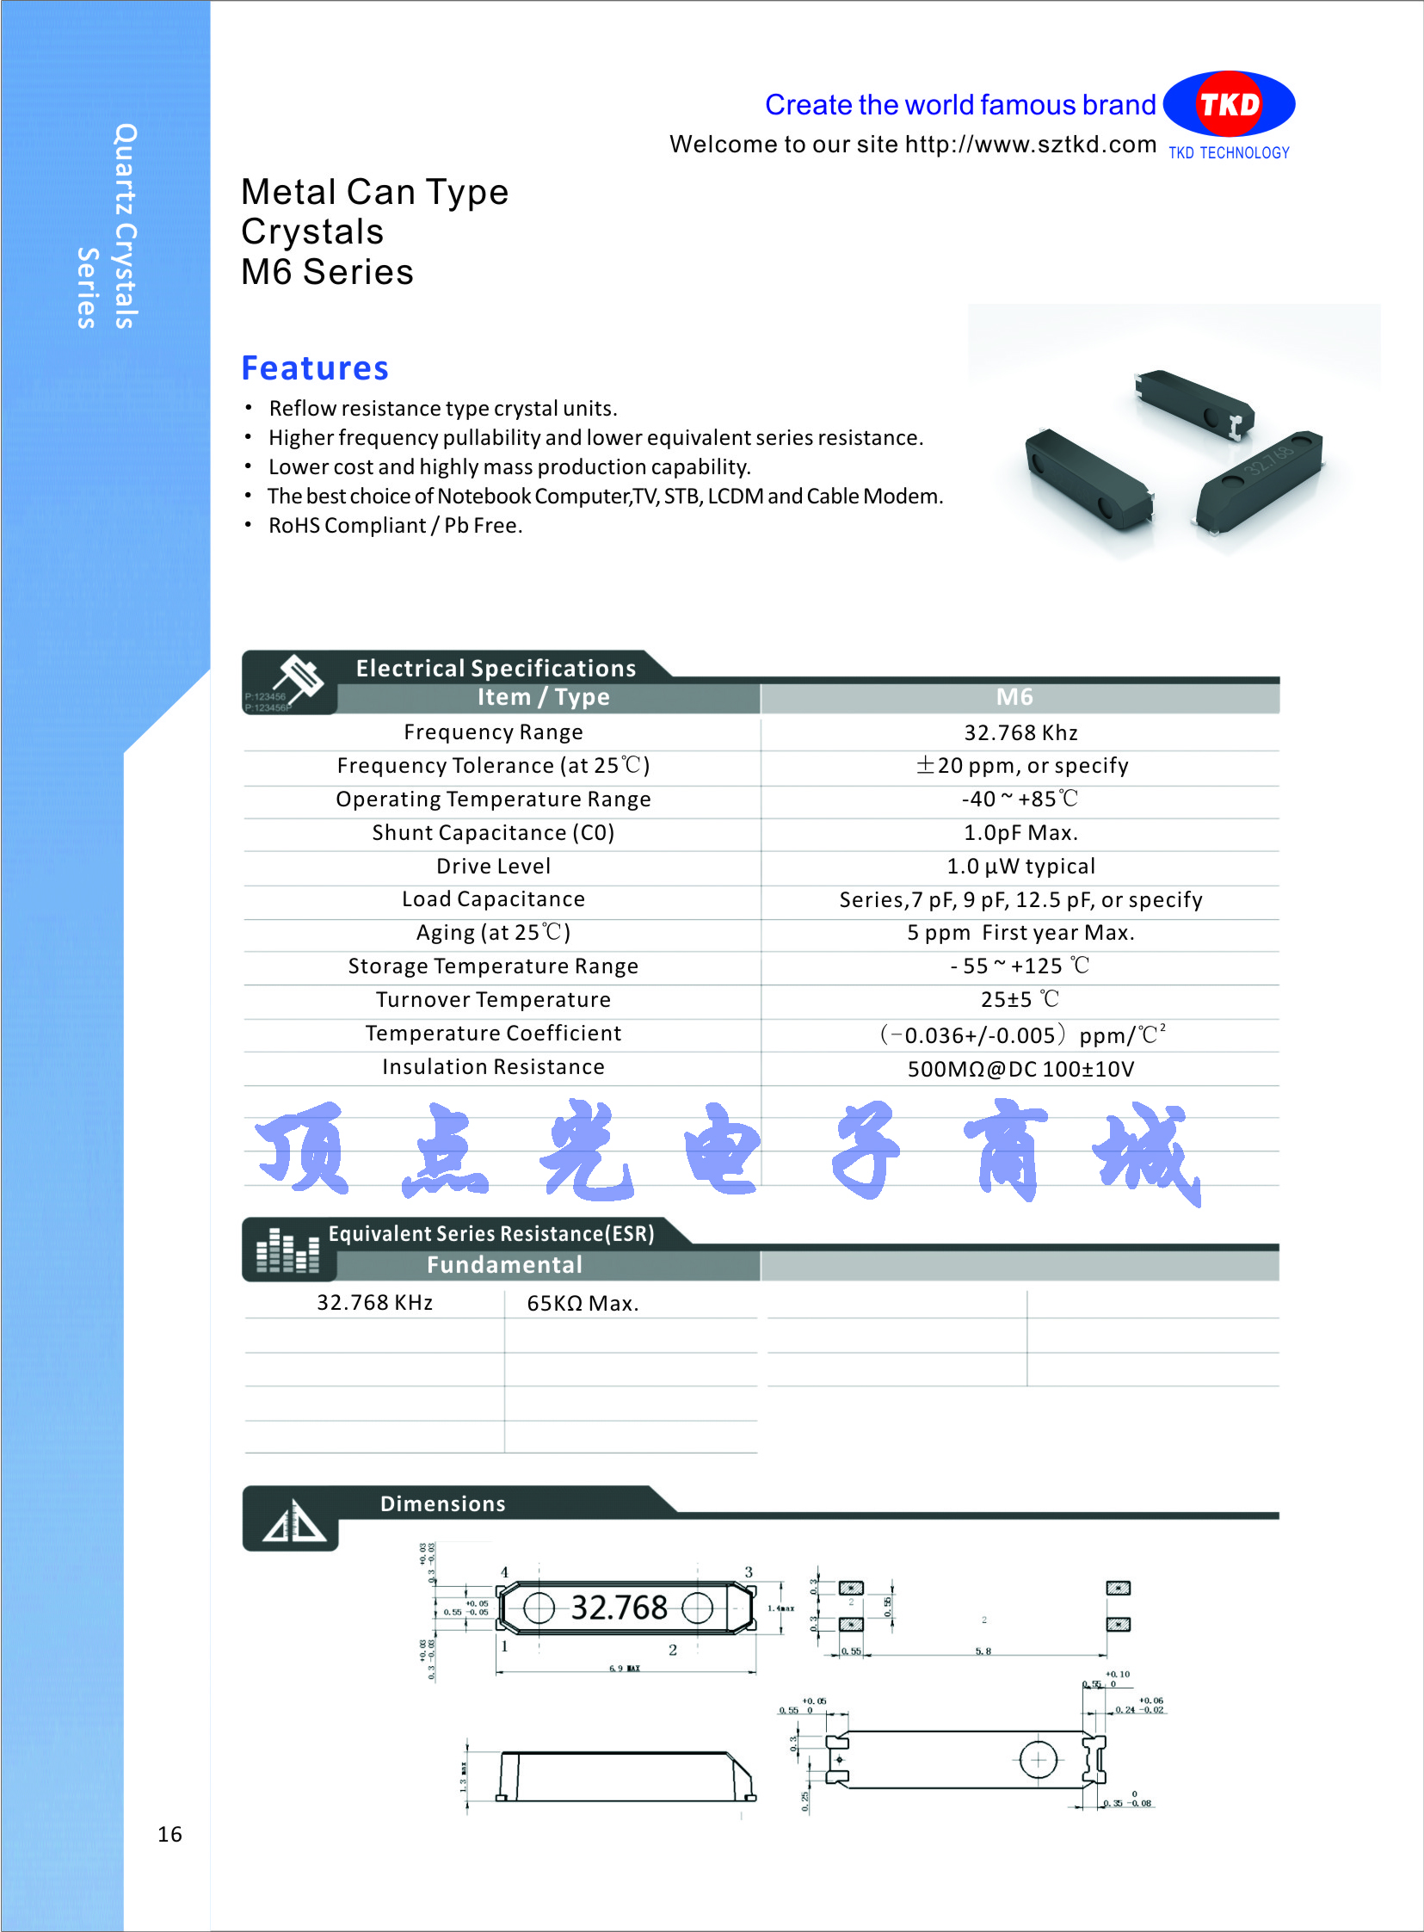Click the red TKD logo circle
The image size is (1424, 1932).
[1230, 104]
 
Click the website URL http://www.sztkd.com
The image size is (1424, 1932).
[1030, 144]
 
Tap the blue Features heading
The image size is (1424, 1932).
[315, 368]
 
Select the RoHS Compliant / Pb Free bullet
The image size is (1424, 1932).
[395, 526]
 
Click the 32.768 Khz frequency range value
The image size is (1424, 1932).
[1020, 733]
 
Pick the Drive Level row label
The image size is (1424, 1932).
[493, 867]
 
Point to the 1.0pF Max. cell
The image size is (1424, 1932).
[1020, 833]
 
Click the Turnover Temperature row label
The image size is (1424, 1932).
[493, 1000]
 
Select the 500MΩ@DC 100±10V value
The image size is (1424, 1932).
[1020, 1070]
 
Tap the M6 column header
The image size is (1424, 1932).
[1014, 697]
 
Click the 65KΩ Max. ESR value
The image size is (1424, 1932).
[583, 1304]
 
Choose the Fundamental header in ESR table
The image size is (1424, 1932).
[504, 1265]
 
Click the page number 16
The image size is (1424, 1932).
[170, 1834]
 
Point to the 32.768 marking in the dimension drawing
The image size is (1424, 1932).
[619, 1608]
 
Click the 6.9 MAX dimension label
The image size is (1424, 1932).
[625, 1669]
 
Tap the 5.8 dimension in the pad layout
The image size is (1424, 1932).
[983, 1651]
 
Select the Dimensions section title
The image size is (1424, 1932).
[443, 1504]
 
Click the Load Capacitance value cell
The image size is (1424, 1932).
[1020, 900]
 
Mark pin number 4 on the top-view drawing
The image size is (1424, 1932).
[505, 1572]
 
